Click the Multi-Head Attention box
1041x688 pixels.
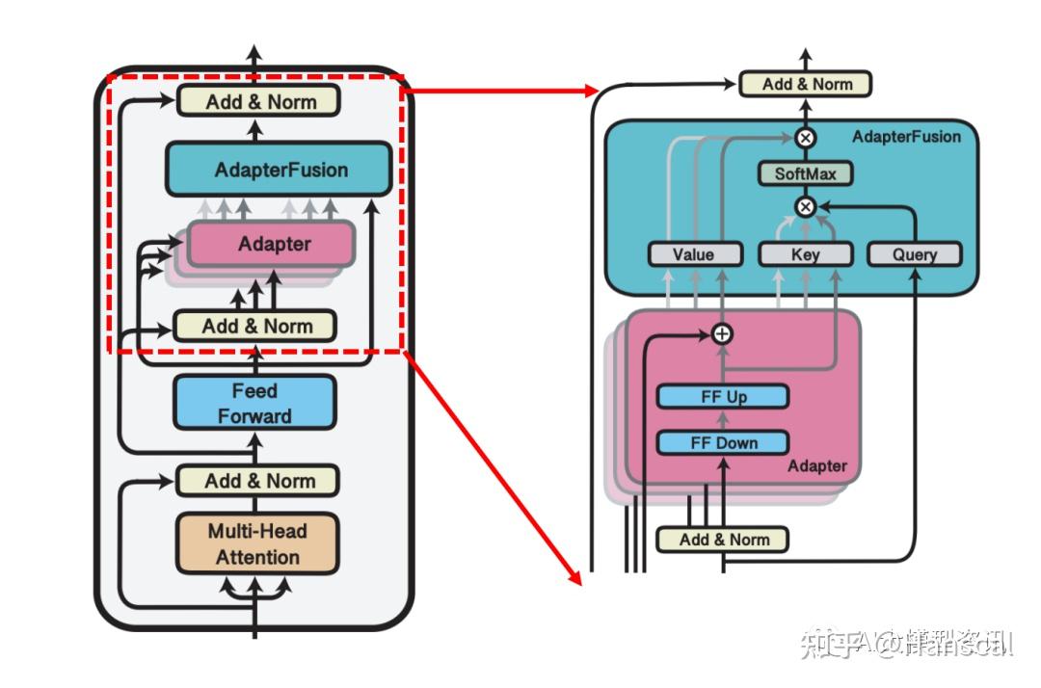[257, 543]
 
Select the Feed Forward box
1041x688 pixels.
[254, 403]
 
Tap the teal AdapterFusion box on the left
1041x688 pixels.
[280, 171]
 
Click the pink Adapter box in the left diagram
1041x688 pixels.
[275, 245]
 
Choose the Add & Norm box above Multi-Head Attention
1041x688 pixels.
[258, 481]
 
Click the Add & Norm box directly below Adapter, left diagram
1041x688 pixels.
[256, 326]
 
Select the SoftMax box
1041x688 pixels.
[805, 174]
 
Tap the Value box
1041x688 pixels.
[693, 254]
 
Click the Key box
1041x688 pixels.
[805, 254]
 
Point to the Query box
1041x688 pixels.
[915, 254]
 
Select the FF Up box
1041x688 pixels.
[723, 397]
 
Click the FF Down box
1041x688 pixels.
[723, 443]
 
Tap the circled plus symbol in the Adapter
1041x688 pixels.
[722, 333]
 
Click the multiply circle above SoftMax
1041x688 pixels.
[806, 137]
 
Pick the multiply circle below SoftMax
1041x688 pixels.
[805, 206]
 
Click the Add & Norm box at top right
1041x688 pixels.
[806, 85]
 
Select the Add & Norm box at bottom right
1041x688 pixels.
[723, 540]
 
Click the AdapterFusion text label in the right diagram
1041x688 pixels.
[906, 137]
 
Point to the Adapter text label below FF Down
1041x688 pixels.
[816, 466]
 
